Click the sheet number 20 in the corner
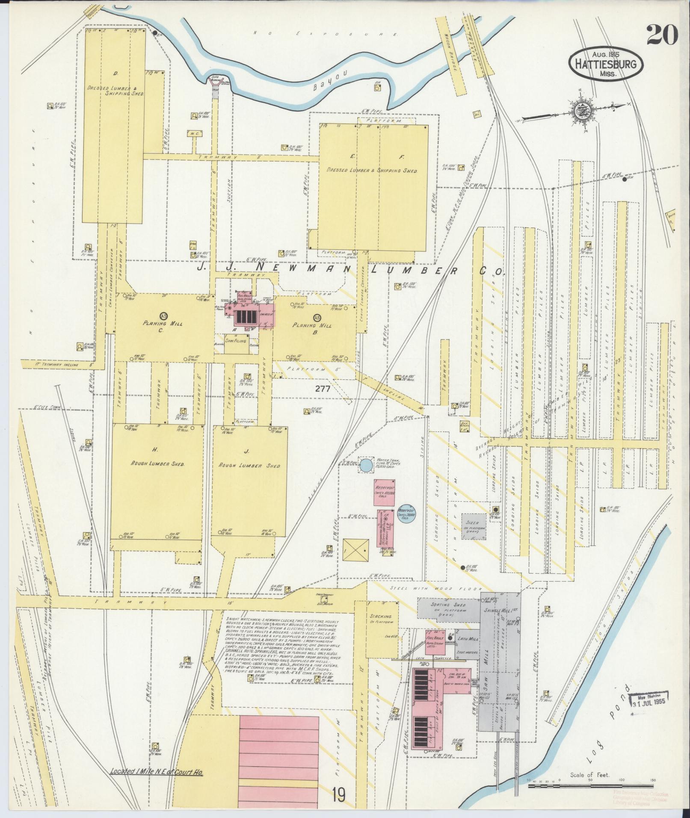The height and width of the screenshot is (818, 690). pyautogui.click(x=662, y=35)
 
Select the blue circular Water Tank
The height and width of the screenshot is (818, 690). pyautogui.click(x=366, y=465)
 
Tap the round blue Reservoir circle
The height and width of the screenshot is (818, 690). pyautogui.click(x=406, y=513)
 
